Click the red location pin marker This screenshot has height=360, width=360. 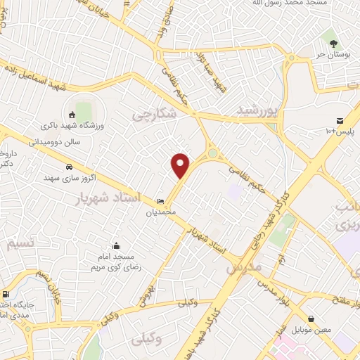coord(181,165)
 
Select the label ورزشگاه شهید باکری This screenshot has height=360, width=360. coord(70,126)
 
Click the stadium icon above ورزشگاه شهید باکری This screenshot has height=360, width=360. coord(71,115)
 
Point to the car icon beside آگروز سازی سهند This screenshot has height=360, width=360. coord(69,167)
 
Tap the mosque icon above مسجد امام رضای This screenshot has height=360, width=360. coord(115,246)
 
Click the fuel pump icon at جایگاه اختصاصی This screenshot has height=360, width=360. coord(6,295)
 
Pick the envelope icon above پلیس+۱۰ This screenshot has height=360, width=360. coord(340,122)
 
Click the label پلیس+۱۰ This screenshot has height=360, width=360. coord(340,132)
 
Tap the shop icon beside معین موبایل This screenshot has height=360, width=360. coord(311,319)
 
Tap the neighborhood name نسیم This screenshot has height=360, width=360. coord(20,244)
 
